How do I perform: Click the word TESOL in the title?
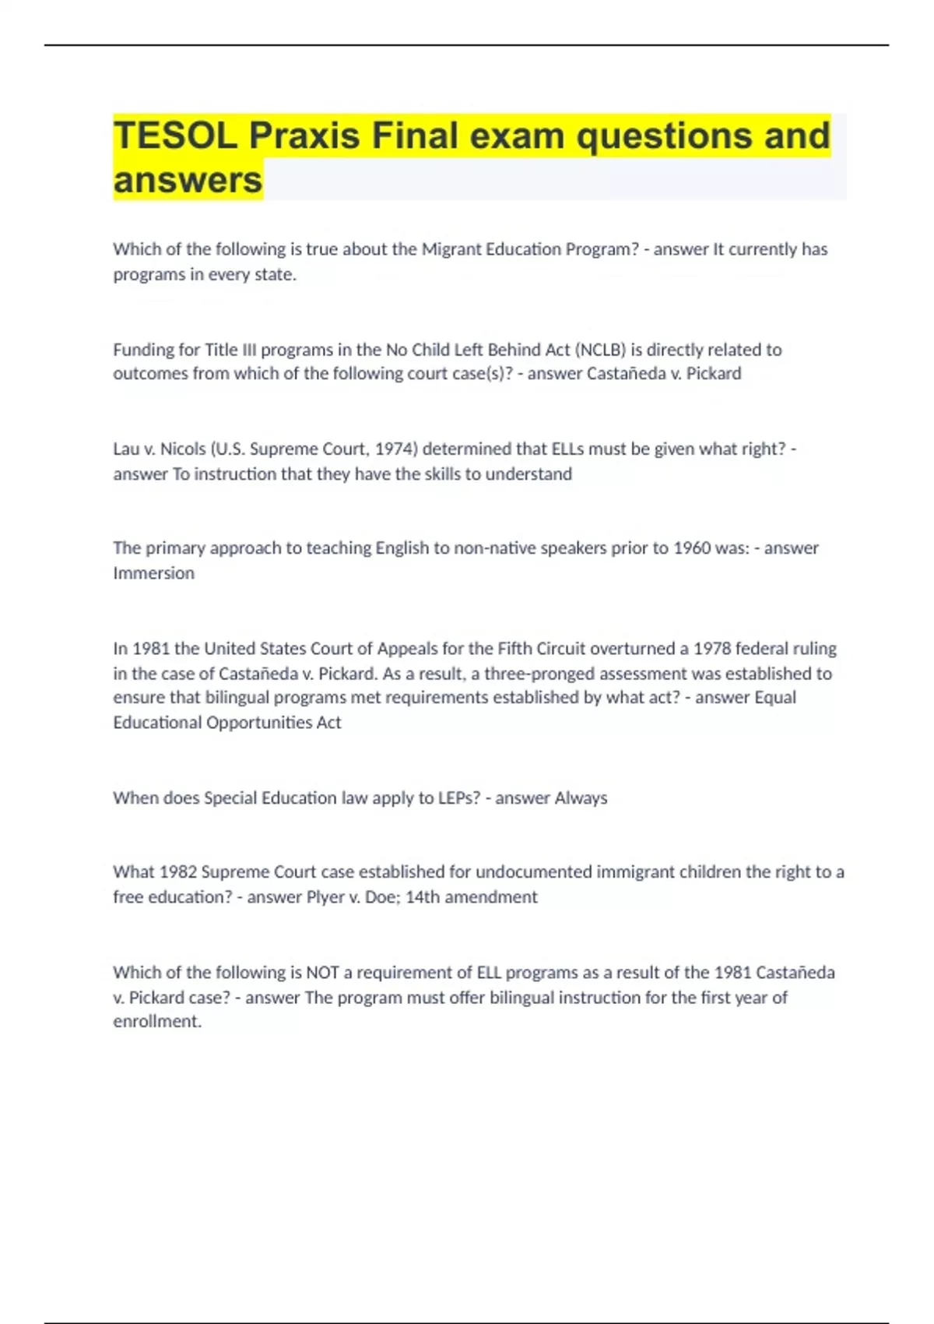[x=175, y=136]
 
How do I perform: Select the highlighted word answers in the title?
[x=188, y=180]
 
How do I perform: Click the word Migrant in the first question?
[x=451, y=249]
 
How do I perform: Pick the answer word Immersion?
[x=153, y=573]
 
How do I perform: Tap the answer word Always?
[x=581, y=798]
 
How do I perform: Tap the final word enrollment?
[x=157, y=1022]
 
